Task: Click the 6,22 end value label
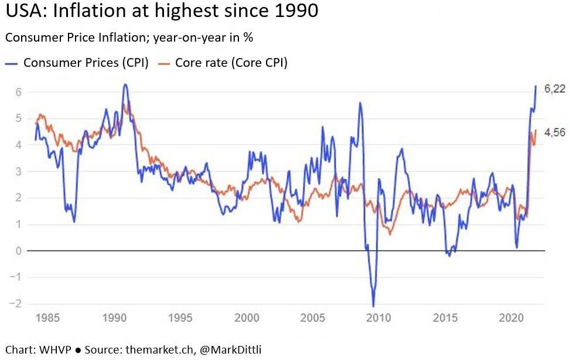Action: click(x=555, y=89)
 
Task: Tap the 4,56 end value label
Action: click(x=555, y=133)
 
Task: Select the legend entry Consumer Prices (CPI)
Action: click(x=86, y=63)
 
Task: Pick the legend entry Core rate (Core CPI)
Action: click(x=231, y=63)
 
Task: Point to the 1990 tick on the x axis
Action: click(x=112, y=318)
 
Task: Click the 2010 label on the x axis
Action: click(x=378, y=318)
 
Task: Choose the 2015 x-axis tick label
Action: click(x=445, y=318)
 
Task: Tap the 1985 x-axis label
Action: click(x=46, y=318)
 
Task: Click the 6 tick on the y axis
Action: click(x=19, y=92)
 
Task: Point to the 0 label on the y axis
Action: click(x=19, y=251)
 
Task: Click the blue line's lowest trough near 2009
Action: click(x=373, y=305)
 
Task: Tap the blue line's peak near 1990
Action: click(x=124, y=85)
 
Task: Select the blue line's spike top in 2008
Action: click(x=360, y=103)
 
